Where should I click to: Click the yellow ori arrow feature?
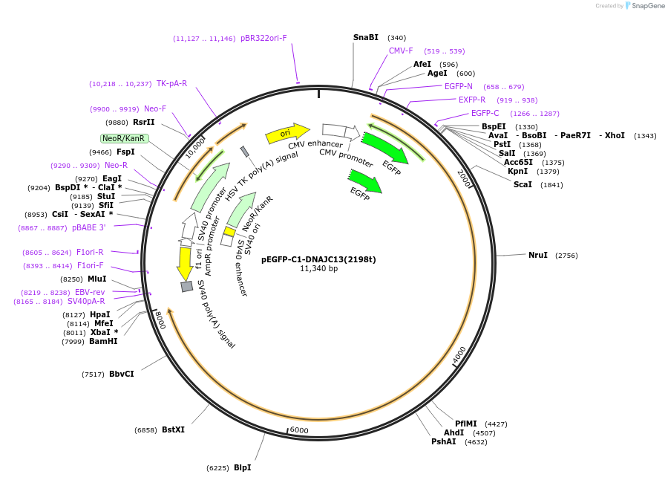point(286,133)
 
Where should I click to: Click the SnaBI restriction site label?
point(365,37)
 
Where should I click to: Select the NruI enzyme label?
point(537,255)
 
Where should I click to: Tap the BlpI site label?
point(242,467)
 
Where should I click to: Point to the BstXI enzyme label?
point(173,429)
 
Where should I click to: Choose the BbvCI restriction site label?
point(121,374)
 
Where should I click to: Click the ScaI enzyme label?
point(523,184)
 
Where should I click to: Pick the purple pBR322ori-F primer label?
point(263,38)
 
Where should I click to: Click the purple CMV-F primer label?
point(401,51)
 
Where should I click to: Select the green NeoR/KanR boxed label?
point(124,138)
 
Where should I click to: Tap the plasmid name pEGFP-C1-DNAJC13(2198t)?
point(318,259)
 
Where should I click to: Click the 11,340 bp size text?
point(318,268)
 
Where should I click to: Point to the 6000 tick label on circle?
point(299,430)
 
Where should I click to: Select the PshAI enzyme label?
point(444,441)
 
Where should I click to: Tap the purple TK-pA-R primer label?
point(171,83)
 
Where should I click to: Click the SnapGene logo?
point(642,6)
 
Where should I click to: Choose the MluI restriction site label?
point(97,279)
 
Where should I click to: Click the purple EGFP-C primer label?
point(485,113)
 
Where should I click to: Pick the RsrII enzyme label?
point(144,122)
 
